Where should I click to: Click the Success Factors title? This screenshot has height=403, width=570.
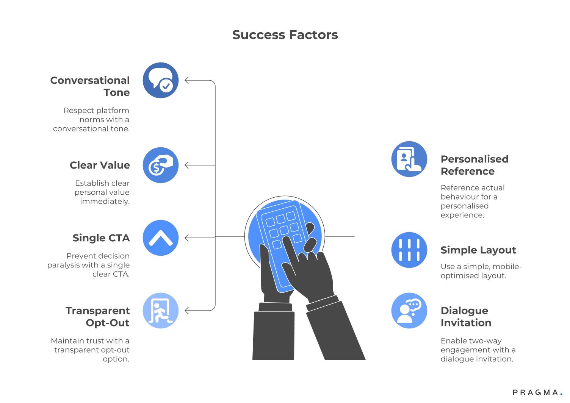(x=285, y=35)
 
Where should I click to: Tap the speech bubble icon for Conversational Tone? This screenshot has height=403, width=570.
(x=161, y=80)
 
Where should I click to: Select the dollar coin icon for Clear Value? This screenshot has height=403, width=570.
(x=161, y=165)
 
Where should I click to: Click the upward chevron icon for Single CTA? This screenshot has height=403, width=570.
(x=161, y=238)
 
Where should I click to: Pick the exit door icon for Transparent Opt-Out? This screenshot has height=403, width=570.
(x=161, y=311)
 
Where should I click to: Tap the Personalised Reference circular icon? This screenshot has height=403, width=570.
(x=409, y=159)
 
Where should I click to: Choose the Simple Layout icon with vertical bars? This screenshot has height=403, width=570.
(x=409, y=250)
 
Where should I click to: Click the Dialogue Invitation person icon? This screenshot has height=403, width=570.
(x=409, y=311)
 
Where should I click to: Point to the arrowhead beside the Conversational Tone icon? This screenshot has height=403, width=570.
(x=187, y=80)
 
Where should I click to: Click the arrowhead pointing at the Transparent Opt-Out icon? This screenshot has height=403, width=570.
(x=187, y=311)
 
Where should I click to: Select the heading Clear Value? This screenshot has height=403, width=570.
(x=100, y=166)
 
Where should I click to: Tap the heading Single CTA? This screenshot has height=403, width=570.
(x=101, y=238)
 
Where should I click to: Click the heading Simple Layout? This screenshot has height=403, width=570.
(x=478, y=250)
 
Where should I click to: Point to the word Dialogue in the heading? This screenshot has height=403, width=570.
(x=464, y=311)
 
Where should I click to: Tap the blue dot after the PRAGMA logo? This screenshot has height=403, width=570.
(x=561, y=394)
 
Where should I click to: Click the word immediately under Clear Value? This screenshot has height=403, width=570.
(x=105, y=202)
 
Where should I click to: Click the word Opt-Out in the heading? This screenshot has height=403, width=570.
(x=108, y=323)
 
